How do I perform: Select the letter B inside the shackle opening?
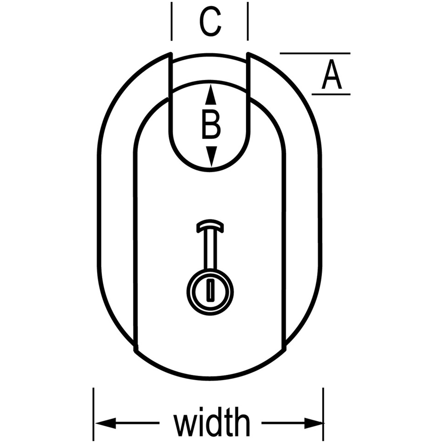[211, 125]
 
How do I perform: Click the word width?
[212, 422]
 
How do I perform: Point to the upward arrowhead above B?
[211, 95]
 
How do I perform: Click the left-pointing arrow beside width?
[128, 423]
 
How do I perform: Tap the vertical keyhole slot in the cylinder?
[210, 289]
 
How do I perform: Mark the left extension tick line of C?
[171, 21]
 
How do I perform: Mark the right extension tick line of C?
[248, 21]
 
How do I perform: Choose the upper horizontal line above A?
[315, 53]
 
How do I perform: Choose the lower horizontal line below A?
[331, 94]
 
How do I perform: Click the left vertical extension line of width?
[93, 414]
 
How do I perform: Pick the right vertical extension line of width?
[323, 414]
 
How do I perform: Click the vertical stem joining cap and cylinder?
[210, 249]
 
